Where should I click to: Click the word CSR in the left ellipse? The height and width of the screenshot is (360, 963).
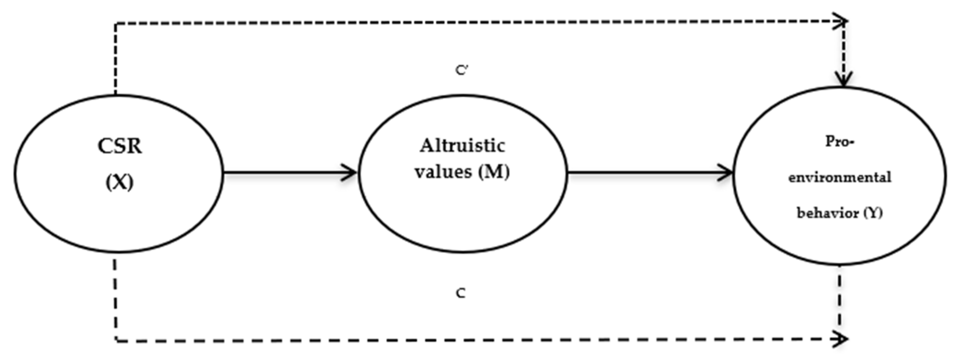pos(120,146)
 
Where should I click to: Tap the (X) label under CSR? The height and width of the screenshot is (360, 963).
pos(120,183)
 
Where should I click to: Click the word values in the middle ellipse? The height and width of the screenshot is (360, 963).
pos(444,171)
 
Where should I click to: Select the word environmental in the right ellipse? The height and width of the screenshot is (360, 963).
pos(840,177)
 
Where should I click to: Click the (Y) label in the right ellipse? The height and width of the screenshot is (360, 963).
pos(873,213)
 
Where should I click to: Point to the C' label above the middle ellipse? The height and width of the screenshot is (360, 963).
pos(462,70)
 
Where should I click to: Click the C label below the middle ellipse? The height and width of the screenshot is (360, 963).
pos(461,293)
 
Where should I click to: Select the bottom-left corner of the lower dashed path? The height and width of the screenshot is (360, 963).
pos(116,340)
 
